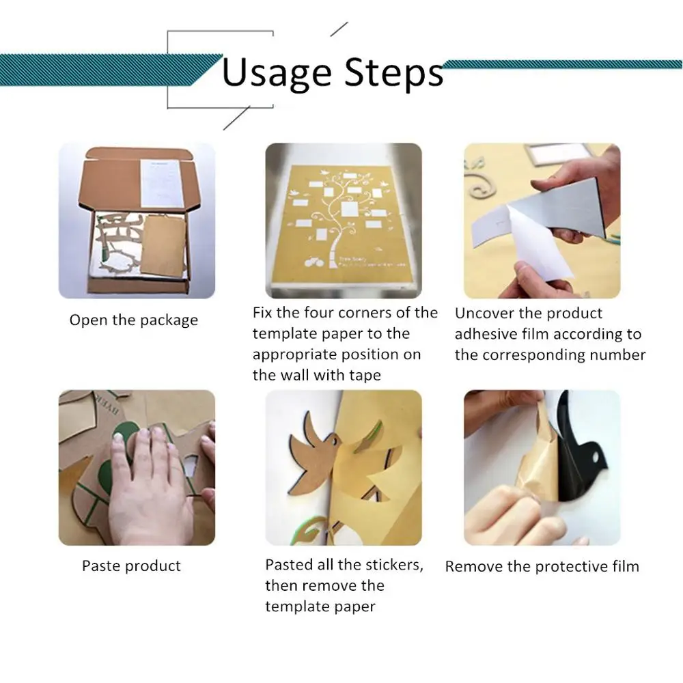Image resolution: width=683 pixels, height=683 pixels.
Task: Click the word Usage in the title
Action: click(277, 73)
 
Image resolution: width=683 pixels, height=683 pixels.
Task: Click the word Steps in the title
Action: click(394, 73)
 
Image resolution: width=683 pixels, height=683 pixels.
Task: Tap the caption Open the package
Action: click(134, 320)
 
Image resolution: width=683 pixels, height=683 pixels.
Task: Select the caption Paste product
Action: click(131, 566)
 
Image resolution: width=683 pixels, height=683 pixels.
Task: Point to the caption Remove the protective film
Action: click(542, 566)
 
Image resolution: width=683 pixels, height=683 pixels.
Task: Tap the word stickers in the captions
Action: click(395, 565)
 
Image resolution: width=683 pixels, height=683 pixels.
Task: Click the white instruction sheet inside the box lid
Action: click(161, 183)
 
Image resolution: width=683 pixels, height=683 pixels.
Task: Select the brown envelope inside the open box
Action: click(164, 246)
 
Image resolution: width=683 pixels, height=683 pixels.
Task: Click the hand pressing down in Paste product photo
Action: click(148, 484)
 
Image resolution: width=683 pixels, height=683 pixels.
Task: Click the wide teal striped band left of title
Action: click(109, 70)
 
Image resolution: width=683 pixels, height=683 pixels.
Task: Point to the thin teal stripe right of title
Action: click(562, 64)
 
